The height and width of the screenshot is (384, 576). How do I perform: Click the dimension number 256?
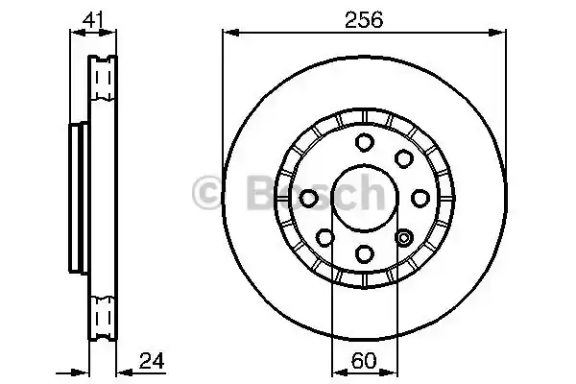coord(365,18)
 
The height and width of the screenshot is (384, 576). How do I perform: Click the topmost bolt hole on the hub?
coord(364,143)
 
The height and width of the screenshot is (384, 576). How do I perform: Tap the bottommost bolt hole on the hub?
coord(364,252)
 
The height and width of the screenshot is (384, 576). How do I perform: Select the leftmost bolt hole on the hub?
coord(309,198)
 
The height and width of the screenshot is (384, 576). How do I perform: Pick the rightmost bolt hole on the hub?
coord(420,198)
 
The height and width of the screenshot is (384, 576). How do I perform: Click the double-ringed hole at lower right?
coord(403,237)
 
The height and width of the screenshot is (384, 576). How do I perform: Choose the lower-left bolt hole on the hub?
coord(325,237)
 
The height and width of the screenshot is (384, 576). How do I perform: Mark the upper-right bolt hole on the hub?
coord(403,158)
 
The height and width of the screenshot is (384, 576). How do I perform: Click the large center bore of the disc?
coord(364,198)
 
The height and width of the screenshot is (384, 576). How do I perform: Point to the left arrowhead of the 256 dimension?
coord(228,34)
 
